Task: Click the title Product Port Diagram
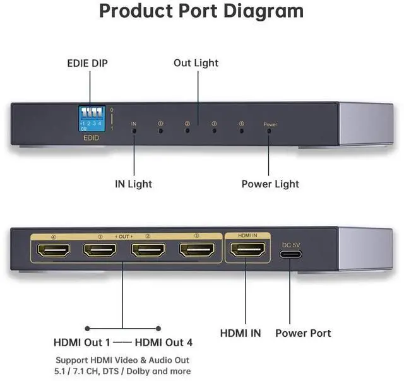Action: tap(201, 11)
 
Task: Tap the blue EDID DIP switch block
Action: tap(90, 116)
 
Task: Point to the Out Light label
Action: tap(196, 63)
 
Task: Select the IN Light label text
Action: tap(133, 184)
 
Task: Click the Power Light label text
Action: tap(270, 184)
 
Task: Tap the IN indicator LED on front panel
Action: tap(133, 131)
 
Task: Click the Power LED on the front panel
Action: tap(270, 131)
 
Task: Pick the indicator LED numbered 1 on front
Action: tap(160, 131)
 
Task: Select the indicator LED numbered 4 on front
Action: tap(242, 131)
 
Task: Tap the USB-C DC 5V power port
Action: tap(290, 254)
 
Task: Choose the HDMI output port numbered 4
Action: tap(53, 251)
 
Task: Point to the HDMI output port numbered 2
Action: tap(148, 251)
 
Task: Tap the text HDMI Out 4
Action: tap(163, 343)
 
